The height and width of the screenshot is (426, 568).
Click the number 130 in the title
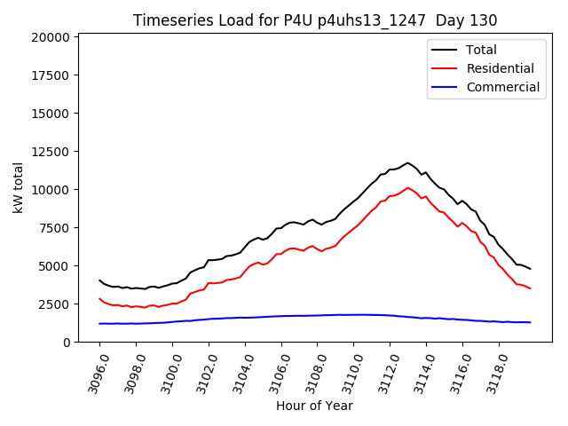483,20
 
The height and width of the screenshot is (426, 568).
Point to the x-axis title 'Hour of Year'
314,406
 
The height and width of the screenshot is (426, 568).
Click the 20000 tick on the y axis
48,37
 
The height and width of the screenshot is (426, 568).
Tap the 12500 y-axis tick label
48,152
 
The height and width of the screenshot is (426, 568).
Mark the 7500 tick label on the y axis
51,228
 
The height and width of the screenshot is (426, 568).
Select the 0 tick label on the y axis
67,343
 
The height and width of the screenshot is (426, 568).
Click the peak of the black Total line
407,163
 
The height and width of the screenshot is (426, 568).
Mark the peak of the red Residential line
407,188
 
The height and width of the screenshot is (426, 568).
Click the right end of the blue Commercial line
530,322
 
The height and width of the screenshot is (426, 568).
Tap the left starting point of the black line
99,280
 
